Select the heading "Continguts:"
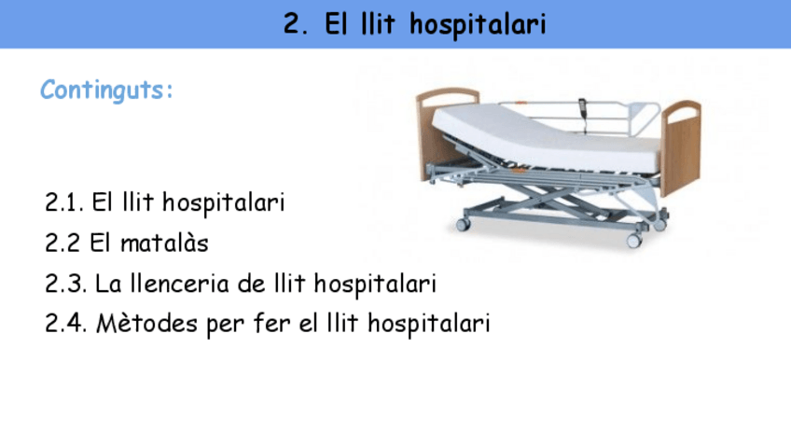[x=107, y=91]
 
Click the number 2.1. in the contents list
[x=64, y=202]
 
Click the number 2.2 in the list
[x=62, y=243]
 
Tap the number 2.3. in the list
[x=65, y=283]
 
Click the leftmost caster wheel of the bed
[x=463, y=224]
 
